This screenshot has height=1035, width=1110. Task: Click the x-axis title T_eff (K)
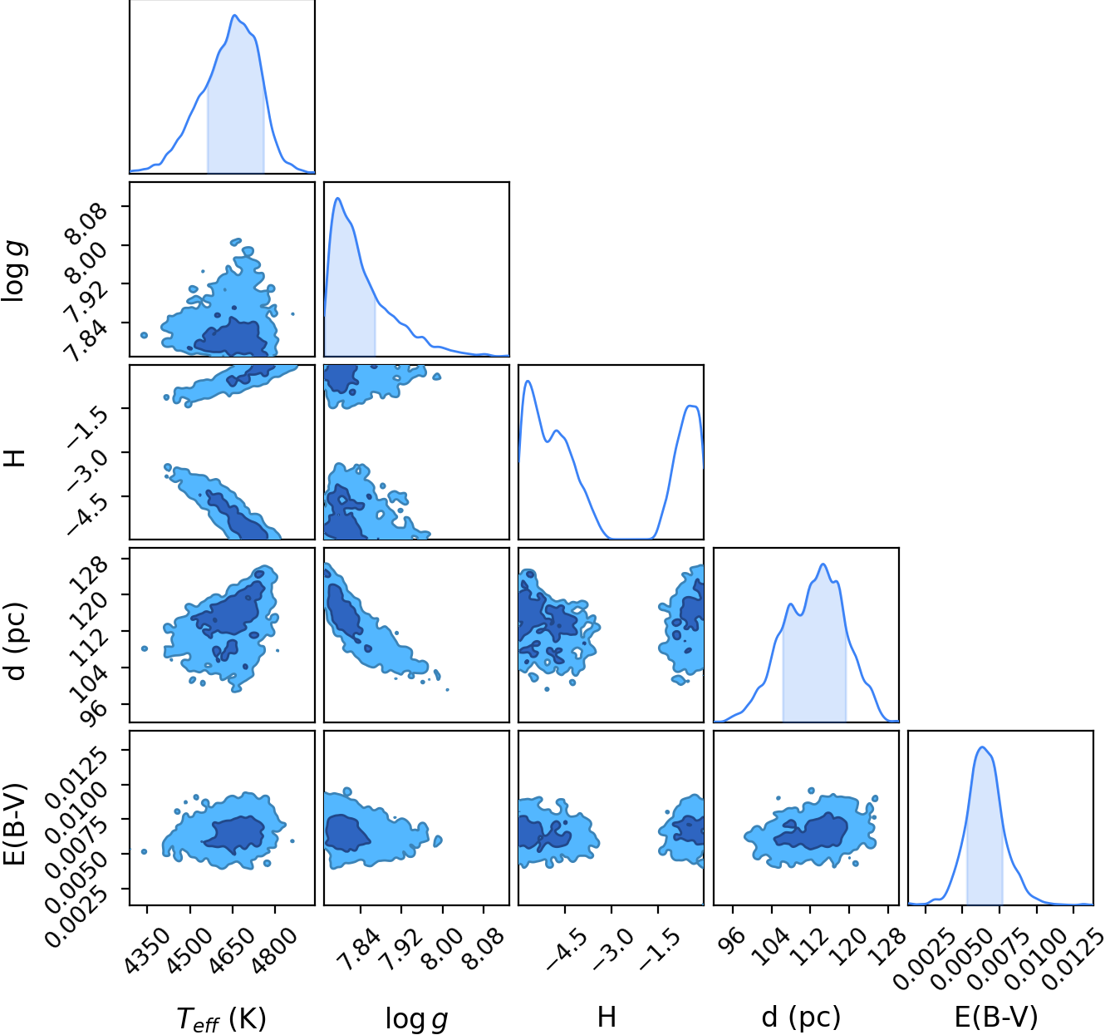click(x=221, y=1018)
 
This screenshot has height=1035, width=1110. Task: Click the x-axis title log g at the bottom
click(x=416, y=1018)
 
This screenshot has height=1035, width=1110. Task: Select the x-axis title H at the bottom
click(x=607, y=1016)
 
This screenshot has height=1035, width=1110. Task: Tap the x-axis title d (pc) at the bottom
click(x=801, y=1017)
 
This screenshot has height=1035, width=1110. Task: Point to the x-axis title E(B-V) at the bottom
click(x=996, y=1017)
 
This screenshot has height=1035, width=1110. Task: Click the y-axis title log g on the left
click(x=15, y=271)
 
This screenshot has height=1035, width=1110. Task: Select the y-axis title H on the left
click(x=14, y=457)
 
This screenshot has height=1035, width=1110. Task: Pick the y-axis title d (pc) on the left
click(x=15, y=641)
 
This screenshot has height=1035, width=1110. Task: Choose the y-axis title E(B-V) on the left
click(x=15, y=825)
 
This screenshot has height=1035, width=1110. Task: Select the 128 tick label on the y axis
click(x=90, y=574)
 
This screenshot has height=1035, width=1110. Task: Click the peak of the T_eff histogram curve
click(x=235, y=15)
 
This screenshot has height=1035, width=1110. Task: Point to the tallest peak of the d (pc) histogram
click(x=823, y=564)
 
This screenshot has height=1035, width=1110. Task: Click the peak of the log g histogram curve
click(x=337, y=198)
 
